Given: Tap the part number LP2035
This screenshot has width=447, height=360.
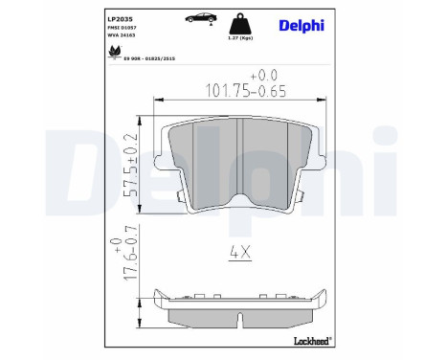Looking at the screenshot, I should coord(120,17).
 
